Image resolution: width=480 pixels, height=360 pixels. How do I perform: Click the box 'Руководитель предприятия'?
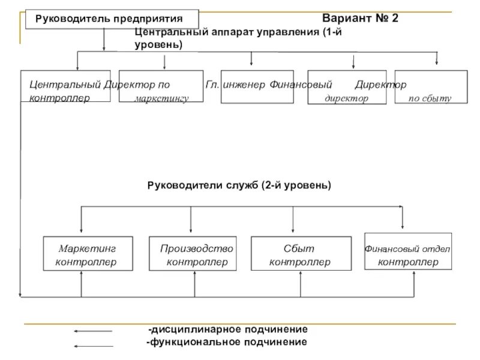[x=112, y=19]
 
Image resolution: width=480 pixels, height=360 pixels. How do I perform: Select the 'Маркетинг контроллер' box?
[x=86, y=254]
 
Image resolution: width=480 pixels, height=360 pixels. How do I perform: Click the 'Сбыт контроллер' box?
[x=300, y=254]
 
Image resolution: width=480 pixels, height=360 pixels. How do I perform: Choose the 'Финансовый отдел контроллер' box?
[x=408, y=254]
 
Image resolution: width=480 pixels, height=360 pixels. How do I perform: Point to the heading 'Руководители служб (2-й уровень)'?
[x=239, y=186]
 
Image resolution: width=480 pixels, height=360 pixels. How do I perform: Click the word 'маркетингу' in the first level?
[x=162, y=98]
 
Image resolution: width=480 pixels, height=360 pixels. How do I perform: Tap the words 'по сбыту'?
[x=430, y=98]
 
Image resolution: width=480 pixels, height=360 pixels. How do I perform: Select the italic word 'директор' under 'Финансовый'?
[x=346, y=98]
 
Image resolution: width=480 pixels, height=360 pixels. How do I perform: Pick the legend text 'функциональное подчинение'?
[x=227, y=342]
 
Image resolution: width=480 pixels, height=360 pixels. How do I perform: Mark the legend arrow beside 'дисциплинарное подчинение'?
[x=92, y=331]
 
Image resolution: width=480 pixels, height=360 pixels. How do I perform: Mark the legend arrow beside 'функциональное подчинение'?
[x=92, y=346]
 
